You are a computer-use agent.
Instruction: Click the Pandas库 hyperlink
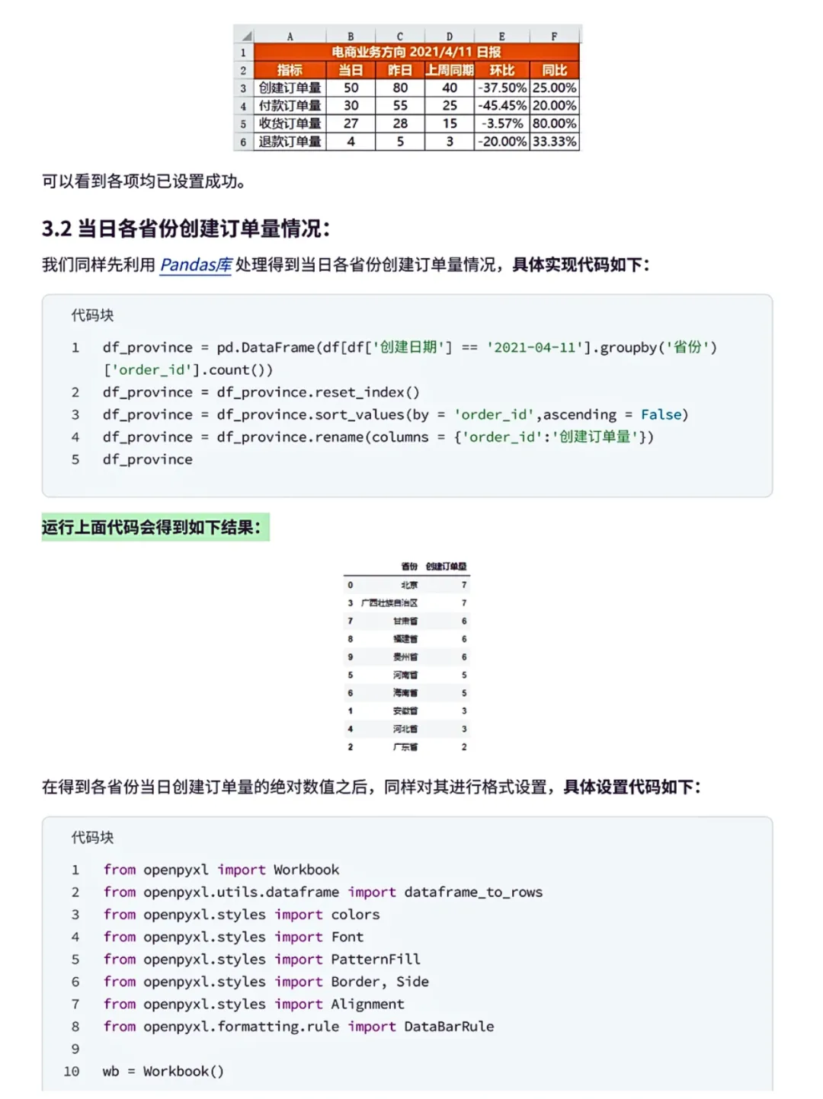[x=196, y=265]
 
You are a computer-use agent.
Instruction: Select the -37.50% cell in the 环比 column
[x=501, y=88]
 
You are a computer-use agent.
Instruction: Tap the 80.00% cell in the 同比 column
[x=554, y=123]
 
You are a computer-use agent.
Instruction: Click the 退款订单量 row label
[x=290, y=142]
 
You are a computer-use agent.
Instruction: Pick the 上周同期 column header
[x=449, y=70]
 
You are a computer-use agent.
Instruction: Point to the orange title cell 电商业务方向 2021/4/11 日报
[x=416, y=52]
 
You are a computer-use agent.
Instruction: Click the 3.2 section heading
[x=186, y=228]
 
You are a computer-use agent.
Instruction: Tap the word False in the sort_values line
[x=661, y=414]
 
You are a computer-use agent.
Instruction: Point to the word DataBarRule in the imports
[x=449, y=1027]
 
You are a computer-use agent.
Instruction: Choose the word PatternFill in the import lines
[x=375, y=959]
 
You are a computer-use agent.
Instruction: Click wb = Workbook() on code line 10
[x=163, y=1071]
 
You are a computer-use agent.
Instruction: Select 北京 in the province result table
[x=409, y=585]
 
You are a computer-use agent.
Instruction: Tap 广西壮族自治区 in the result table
[x=389, y=603]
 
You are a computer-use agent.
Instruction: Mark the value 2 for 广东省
[x=464, y=747]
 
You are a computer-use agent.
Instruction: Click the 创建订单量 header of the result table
[x=446, y=567]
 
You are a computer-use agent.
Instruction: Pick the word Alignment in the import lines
[x=367, y=1004]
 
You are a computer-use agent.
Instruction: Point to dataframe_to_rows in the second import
[x=473, y=892]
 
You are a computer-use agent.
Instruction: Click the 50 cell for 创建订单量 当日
[x=351, y=88]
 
